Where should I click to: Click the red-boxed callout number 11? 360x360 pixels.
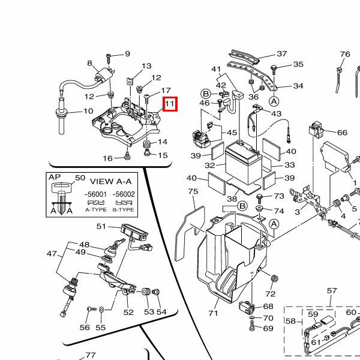click(170, 104)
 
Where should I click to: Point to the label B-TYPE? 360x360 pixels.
click(125, 210)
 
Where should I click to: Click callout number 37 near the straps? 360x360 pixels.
click(281, 54)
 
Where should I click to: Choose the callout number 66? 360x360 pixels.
click(342, 133)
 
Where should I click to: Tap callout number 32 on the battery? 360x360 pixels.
click(210, 165)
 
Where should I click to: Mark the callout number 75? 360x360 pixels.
click(193, 191)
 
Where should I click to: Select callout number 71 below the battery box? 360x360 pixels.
click(213, 313)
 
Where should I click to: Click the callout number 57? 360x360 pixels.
click(332, 291)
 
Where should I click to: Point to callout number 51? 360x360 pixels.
click(101, 226)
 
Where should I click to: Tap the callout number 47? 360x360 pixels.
click(52, 254)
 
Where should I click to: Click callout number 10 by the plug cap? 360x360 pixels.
click(88, 111)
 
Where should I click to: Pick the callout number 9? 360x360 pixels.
click(127, 54)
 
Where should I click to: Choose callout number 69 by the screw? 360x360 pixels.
click(268, 329)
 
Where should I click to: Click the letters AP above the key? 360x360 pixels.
click(54, 178)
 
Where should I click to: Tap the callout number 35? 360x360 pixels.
click(298, 64)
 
